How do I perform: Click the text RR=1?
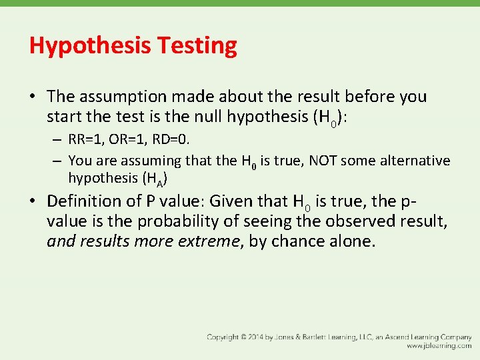tap(89, 141)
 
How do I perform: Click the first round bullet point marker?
tap(33, 97)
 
